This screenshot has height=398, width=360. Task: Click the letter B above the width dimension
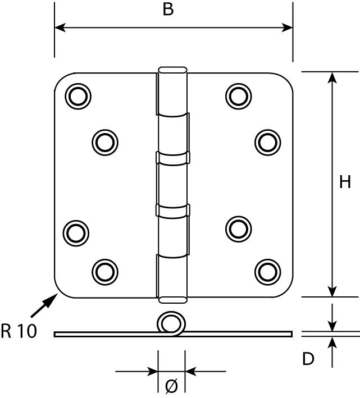pyautogui.click(x=168, y=9)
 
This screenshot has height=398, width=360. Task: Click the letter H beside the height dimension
pyautogui.click(x=345, y=182)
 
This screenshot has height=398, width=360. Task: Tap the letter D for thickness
pyautogui.click(x=308, y=359)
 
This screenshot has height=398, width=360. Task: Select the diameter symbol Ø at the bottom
pyautogui.click(x=171, y=386)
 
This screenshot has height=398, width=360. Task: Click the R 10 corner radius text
pyautogui.click(x=19, y=331)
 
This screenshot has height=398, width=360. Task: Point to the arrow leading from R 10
pyautogui.click(x=44, y=305)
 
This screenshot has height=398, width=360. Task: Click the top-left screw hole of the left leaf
pyautogui.click(x=78, y=96)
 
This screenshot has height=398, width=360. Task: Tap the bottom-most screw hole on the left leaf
pyautogui.click(x=105, y=272)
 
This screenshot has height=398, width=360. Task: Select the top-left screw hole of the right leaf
pyautogui.click(x=238, y=96)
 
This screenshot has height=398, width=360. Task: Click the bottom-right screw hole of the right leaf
pyautogui.click(x=267, y=272)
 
